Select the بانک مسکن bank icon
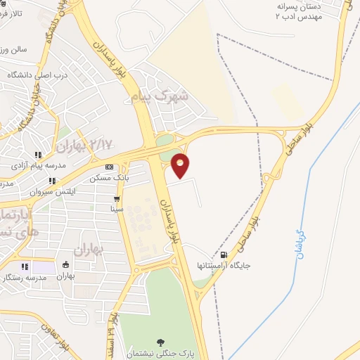tap(108, 167)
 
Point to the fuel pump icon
tap(224, 255)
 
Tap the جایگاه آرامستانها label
tap(224, 266)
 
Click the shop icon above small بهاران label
tap(65, 265)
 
